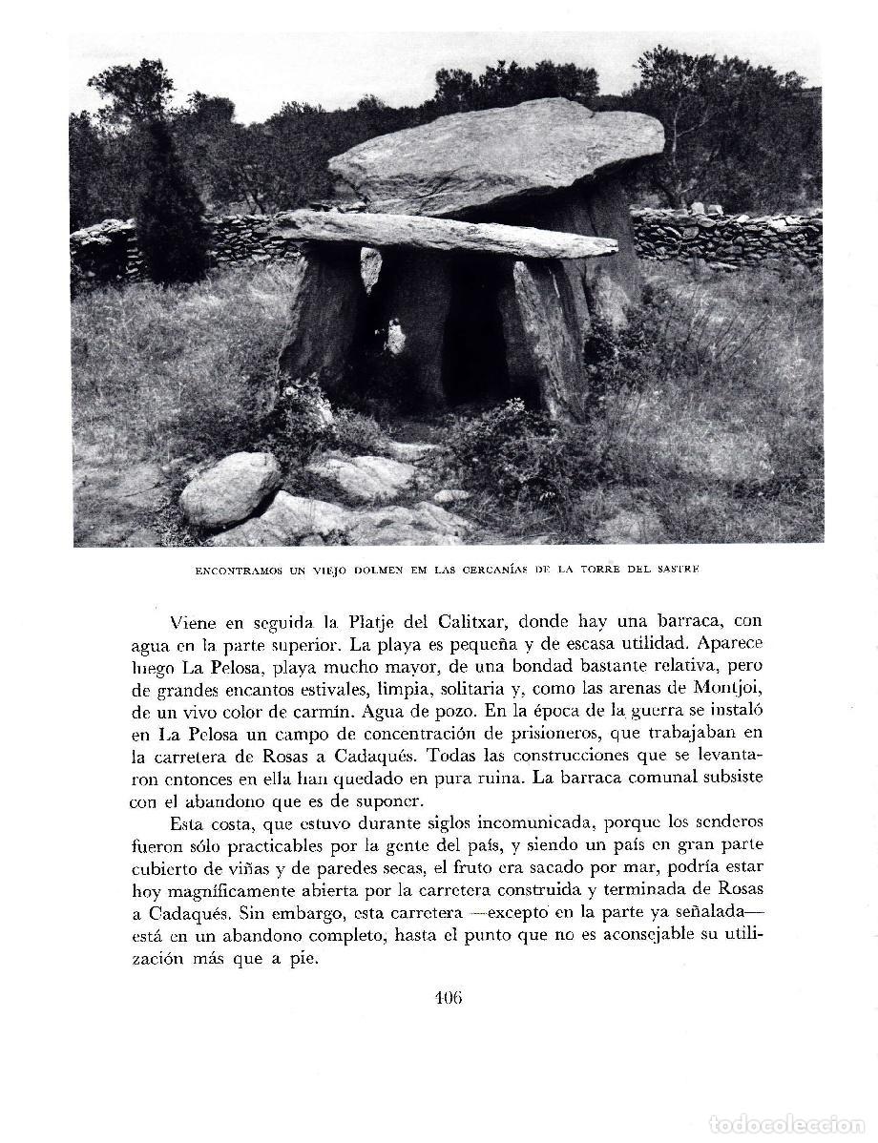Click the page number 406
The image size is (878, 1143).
click(x=448, y=999)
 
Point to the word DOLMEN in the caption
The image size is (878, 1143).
click(x=351, y=570)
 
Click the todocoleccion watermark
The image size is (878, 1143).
click(x=787, y=1124)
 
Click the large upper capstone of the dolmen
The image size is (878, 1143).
click(x=496, y=154)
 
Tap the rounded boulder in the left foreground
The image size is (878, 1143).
click(x=230, y=488)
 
